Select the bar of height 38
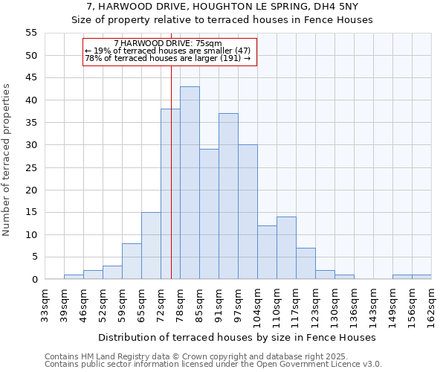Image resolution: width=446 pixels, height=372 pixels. [170, 194]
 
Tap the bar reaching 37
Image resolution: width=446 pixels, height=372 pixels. [228, 196]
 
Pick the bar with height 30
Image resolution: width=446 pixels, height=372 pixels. [248, 212]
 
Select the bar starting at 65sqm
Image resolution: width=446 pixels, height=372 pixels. [151, 246]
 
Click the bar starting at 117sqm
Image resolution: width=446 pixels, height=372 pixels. [306, 263]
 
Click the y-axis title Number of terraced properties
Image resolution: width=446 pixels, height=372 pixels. [7, 159]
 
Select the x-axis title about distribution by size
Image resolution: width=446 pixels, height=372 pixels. [236, 337]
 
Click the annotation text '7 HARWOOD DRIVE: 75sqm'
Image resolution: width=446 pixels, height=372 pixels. [168, 44]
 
